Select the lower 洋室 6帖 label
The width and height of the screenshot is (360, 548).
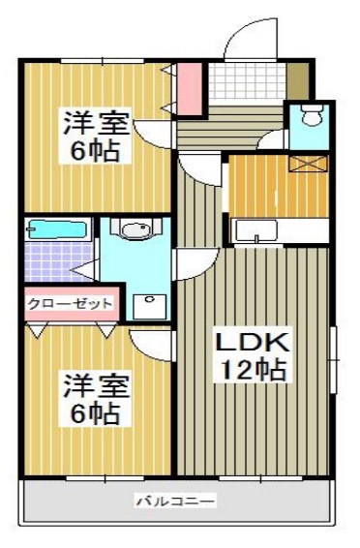pos(92,399)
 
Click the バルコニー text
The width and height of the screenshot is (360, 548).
pos(175,502)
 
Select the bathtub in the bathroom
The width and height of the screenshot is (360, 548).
pos(57,230)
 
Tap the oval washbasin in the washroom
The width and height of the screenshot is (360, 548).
pos(135,232)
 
